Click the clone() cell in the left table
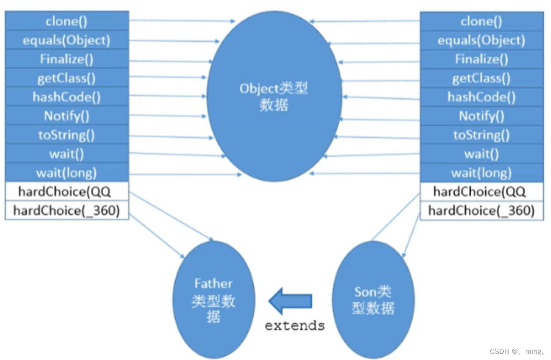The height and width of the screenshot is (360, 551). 66,21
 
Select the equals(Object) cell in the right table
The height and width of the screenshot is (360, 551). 481,40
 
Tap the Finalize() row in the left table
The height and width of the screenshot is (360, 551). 66,59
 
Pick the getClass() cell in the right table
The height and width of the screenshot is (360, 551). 481,78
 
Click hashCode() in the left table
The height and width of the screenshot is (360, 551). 66,97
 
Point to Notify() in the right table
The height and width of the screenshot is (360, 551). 481,116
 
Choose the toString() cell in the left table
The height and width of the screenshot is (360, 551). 66,135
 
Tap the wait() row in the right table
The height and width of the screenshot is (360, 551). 481,154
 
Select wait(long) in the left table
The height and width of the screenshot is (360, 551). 66,173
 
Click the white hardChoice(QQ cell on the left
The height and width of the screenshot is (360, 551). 66,192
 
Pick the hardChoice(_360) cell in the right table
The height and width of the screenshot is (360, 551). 481,210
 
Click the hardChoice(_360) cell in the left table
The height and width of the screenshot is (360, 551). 66,210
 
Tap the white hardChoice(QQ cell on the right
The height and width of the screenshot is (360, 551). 481,192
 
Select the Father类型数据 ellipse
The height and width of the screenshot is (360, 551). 214,300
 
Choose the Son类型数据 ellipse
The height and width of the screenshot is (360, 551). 373,300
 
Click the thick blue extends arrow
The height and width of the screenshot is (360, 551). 290,301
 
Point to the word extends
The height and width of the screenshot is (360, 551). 294,325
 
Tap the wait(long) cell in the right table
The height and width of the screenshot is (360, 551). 481,173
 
